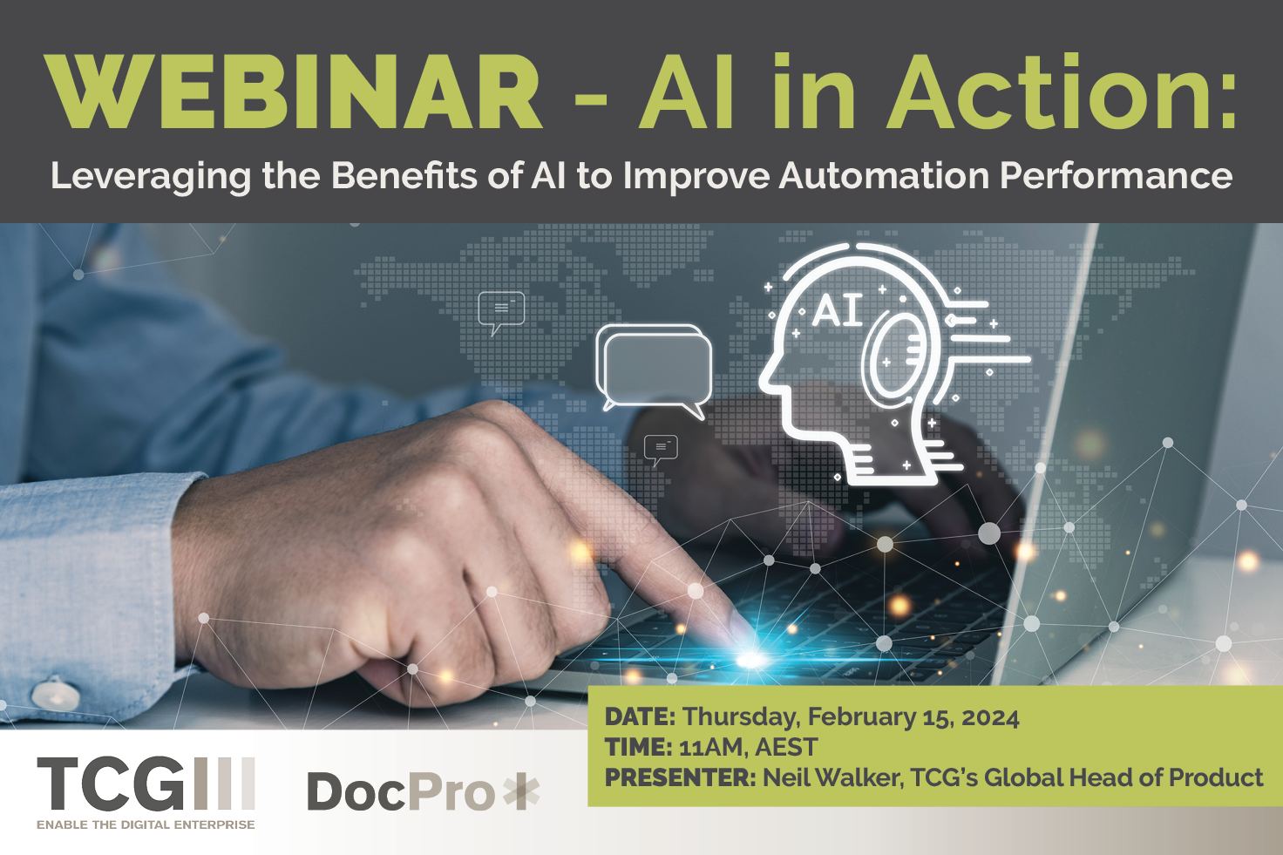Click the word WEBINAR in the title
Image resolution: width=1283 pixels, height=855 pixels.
pos(293,91)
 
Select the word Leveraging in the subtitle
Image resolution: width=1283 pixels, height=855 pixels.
pos(151,177)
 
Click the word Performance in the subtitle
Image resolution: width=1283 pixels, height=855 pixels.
pos(1117,175)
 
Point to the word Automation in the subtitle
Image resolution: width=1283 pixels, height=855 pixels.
pos(884,175)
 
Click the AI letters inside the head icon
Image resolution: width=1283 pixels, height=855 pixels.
pos(838,311)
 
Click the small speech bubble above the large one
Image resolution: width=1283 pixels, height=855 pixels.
pos(501,313)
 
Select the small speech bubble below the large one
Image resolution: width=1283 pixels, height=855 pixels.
pos(661,450)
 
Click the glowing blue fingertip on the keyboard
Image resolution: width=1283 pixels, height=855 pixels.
pos(750,659)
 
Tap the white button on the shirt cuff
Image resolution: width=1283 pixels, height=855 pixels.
pos(56,694)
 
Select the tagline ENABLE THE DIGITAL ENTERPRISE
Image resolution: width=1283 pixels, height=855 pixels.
pos(146,824)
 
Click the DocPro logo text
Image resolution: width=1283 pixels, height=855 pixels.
pos(401,791)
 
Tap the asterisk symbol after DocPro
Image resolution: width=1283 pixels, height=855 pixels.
pos(520,791)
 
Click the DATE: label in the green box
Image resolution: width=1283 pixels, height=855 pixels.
pos(641,717)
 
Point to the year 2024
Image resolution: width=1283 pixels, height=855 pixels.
pos(990,717)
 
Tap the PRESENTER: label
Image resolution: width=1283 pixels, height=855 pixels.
pos(681,777)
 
